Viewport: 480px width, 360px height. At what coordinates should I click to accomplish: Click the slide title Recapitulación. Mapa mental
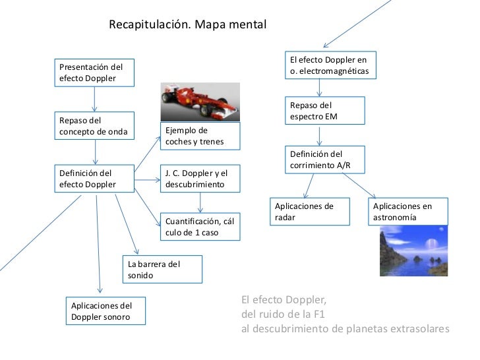187,26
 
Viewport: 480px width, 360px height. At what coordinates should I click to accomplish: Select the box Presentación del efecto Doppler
95,73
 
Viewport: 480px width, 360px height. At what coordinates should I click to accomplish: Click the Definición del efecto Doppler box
95,179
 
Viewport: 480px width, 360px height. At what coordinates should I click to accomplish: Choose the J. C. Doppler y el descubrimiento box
200,179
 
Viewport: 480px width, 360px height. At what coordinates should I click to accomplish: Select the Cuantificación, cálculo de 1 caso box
200,227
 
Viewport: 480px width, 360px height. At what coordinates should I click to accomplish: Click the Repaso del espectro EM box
324,111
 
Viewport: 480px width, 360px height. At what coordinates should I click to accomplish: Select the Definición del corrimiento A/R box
324,159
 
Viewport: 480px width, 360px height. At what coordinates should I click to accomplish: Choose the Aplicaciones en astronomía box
409,212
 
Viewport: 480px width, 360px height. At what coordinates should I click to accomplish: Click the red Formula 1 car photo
200,102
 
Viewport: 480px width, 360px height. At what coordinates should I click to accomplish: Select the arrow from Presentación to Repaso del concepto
95,99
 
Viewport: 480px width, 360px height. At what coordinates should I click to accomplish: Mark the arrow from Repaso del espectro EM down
320,135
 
